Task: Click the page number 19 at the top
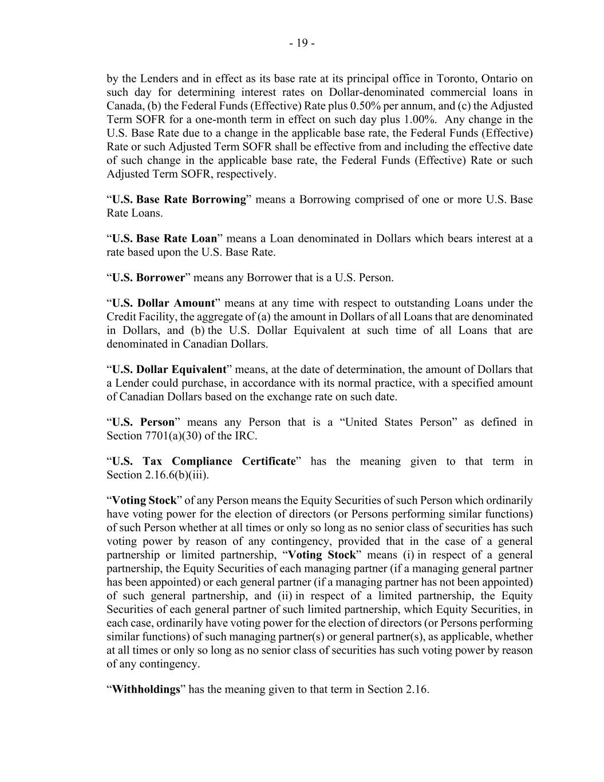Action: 302,43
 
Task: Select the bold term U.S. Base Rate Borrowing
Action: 179,200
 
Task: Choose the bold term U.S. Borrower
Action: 148,278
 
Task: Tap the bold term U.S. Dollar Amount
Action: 163,303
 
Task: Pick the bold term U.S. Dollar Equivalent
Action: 169,370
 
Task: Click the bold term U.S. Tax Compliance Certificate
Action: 203,461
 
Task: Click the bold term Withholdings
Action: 146,689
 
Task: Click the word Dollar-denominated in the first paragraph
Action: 380,92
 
